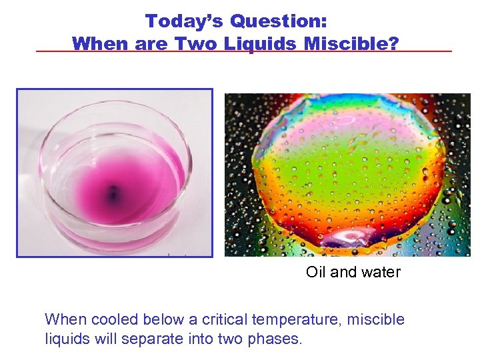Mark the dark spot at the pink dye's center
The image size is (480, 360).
pyautogui.click(x=113, y=195)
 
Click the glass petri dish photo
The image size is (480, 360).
pyautogui.click(x=115, y=173)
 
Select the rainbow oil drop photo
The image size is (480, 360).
pyautogui.click(x=347, y=175)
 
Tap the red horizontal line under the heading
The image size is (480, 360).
pyautogui.click(x=427, y=51)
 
